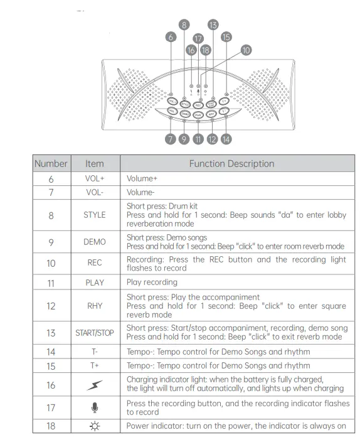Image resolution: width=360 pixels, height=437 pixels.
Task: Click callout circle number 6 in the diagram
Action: [x=171, y=37]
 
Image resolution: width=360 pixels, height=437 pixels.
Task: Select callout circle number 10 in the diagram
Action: [x=245, y=49]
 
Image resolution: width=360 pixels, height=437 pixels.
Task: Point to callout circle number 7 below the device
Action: [x=171, y=139]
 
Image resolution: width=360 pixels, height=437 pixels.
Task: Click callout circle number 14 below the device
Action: [x=226, y=139]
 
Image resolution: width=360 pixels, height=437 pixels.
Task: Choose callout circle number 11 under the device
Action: [x=198, y=139]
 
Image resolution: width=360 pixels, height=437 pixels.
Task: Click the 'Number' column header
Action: [x=51, y=163]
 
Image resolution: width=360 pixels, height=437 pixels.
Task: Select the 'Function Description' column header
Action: [x=231, y=163]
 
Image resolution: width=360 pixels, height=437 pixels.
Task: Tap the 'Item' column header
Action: [x=95, y=163]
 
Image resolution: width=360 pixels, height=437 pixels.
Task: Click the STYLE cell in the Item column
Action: [x=95, y=215]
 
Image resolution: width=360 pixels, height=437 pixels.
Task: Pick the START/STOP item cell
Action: [x=95, y=333]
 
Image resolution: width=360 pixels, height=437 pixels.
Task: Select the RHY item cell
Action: [x=95, y=306]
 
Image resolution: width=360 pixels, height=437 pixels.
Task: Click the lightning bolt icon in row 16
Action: [x=95, y=384]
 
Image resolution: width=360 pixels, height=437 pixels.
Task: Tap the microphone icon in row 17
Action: [x=95, y=407]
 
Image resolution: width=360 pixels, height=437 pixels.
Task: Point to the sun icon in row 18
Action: [x=95, y=426]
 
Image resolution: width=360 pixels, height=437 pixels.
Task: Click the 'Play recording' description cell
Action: [x=152, y=283]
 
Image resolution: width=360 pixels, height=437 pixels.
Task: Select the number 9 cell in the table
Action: [x=51, y=242]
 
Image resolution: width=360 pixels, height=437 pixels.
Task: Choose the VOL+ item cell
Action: [x=95, y=178]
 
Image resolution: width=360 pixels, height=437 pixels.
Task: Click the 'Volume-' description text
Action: [x=141, y=193]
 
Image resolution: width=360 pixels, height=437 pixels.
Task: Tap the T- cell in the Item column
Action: [x=95, y=352]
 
